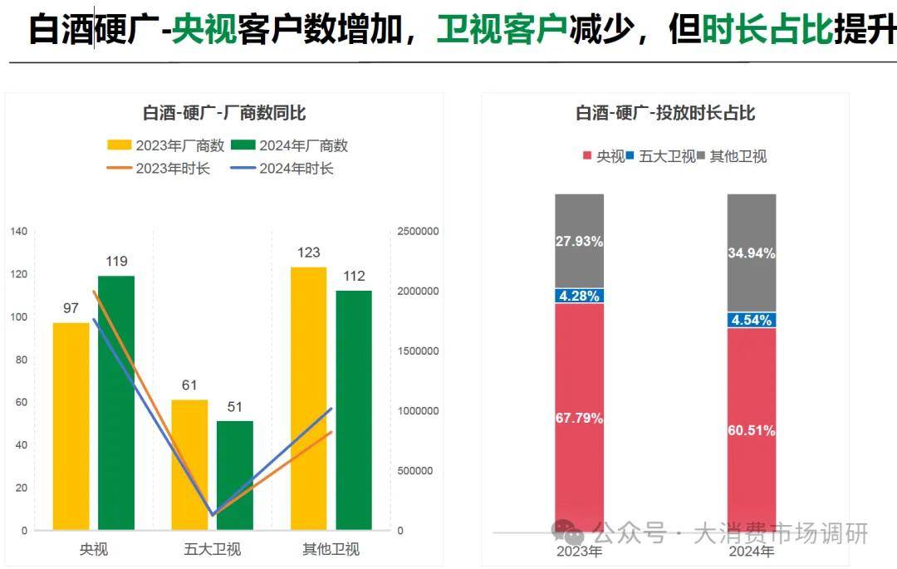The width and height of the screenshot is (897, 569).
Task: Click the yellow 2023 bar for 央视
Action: (x=71, y=425)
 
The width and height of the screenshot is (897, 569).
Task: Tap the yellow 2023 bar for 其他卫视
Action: (x=308, y=398)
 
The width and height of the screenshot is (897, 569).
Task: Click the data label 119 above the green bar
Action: (x=116, y=262)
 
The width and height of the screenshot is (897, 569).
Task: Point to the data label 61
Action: (x=189, y=385)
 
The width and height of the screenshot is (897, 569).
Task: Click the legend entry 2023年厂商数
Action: (x=166, y=145)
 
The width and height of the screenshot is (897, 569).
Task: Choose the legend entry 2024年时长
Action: (x=282, y=169)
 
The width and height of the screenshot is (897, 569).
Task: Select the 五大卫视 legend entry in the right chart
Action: (x=661, y=156)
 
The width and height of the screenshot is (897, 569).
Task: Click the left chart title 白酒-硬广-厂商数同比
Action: (x=224, y=114)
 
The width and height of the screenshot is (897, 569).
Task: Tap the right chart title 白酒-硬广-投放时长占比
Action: (x=665, y=114)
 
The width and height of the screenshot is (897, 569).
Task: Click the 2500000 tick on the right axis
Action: (x=418, y=232)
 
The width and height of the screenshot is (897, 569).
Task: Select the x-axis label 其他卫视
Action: (x=331, y=549)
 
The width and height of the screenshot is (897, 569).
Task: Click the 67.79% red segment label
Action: (x=579, y=418)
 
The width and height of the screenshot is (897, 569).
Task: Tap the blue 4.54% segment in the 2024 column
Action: (x=752, y=320)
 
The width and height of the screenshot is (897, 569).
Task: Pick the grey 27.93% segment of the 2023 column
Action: (x=579, y=241)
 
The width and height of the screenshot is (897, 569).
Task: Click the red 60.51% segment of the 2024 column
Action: (x=752, y=430)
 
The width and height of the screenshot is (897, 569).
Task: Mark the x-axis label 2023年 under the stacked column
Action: (x=579, y=552)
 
